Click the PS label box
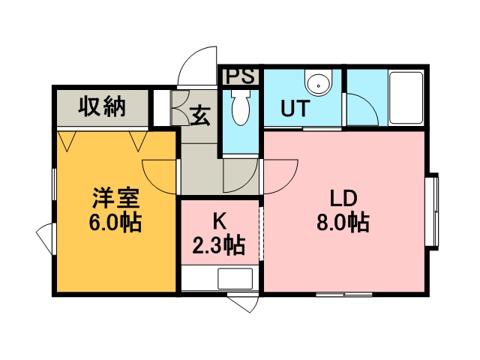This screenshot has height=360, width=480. [240, 76]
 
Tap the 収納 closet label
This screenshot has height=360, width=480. [102, 106]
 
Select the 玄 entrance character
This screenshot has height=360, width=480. [200, 115]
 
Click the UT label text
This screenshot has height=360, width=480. [295, 108]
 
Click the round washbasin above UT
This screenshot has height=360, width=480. [319, 82]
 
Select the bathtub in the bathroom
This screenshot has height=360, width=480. [406, 97]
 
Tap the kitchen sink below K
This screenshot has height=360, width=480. [235, 278]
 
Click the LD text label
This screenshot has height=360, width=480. [343, 198]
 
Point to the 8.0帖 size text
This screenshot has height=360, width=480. [343, 222]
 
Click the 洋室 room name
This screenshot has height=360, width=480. [116, 199]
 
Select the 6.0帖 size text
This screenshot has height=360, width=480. [115, 223]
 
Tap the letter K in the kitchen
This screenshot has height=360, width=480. [220, 221]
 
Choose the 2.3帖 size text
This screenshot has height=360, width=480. [219, 245]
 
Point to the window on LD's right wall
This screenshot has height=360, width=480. [432, 211]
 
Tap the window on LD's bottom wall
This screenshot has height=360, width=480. [344, 295]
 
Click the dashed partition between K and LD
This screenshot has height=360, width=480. [261, 234]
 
